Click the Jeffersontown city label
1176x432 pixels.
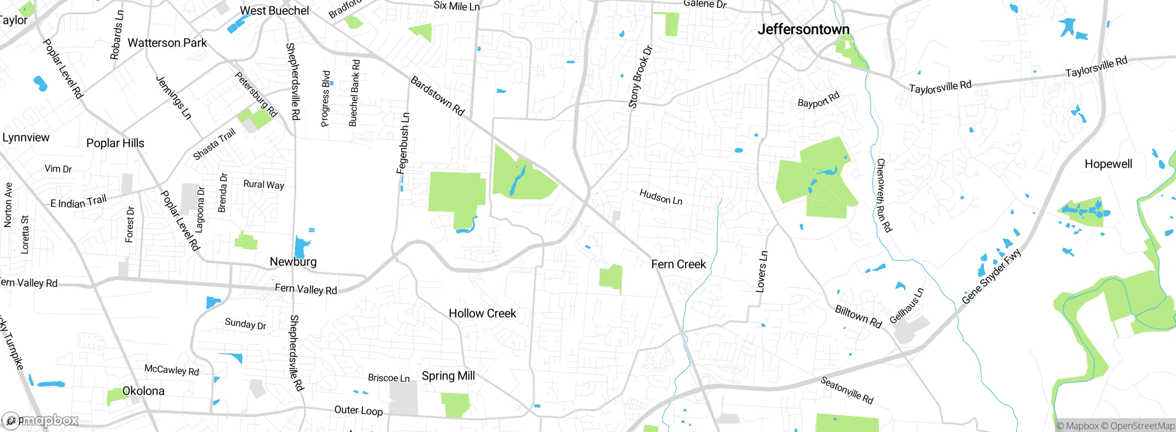point(803,29)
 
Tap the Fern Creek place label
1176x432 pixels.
point(678,264)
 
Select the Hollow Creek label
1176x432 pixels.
point(482,313)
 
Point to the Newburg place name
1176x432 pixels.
point(293,262)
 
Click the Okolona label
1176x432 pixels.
point(143,391)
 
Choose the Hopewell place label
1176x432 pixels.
point(1108,164)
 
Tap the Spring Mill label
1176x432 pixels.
point(448,376)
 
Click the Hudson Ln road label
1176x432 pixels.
point(661,197)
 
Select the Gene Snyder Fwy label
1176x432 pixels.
point(991,276)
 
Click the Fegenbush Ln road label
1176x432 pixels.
point(403,143)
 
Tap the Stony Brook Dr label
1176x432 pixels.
point(640,77)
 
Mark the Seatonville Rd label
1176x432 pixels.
point(846,390)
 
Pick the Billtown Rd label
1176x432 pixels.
point(858,317)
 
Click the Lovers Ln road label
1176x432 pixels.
point(761,271)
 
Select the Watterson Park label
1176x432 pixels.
point(167,43)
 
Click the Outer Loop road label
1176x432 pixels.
point(358,410)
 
